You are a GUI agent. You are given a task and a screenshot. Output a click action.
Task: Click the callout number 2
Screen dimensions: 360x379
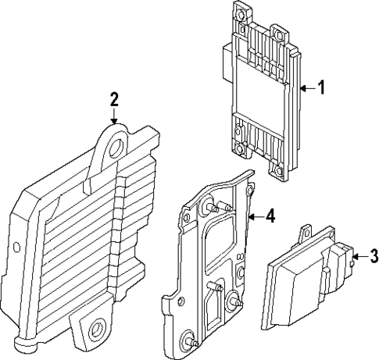tap(114, 99)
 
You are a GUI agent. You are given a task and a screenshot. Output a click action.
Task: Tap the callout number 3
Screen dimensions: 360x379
tap(374, 255)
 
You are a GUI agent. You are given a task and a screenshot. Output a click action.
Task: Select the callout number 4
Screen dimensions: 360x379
tap(269, 216)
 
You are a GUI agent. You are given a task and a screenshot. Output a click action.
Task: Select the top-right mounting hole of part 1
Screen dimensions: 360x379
tap(278, 34)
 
